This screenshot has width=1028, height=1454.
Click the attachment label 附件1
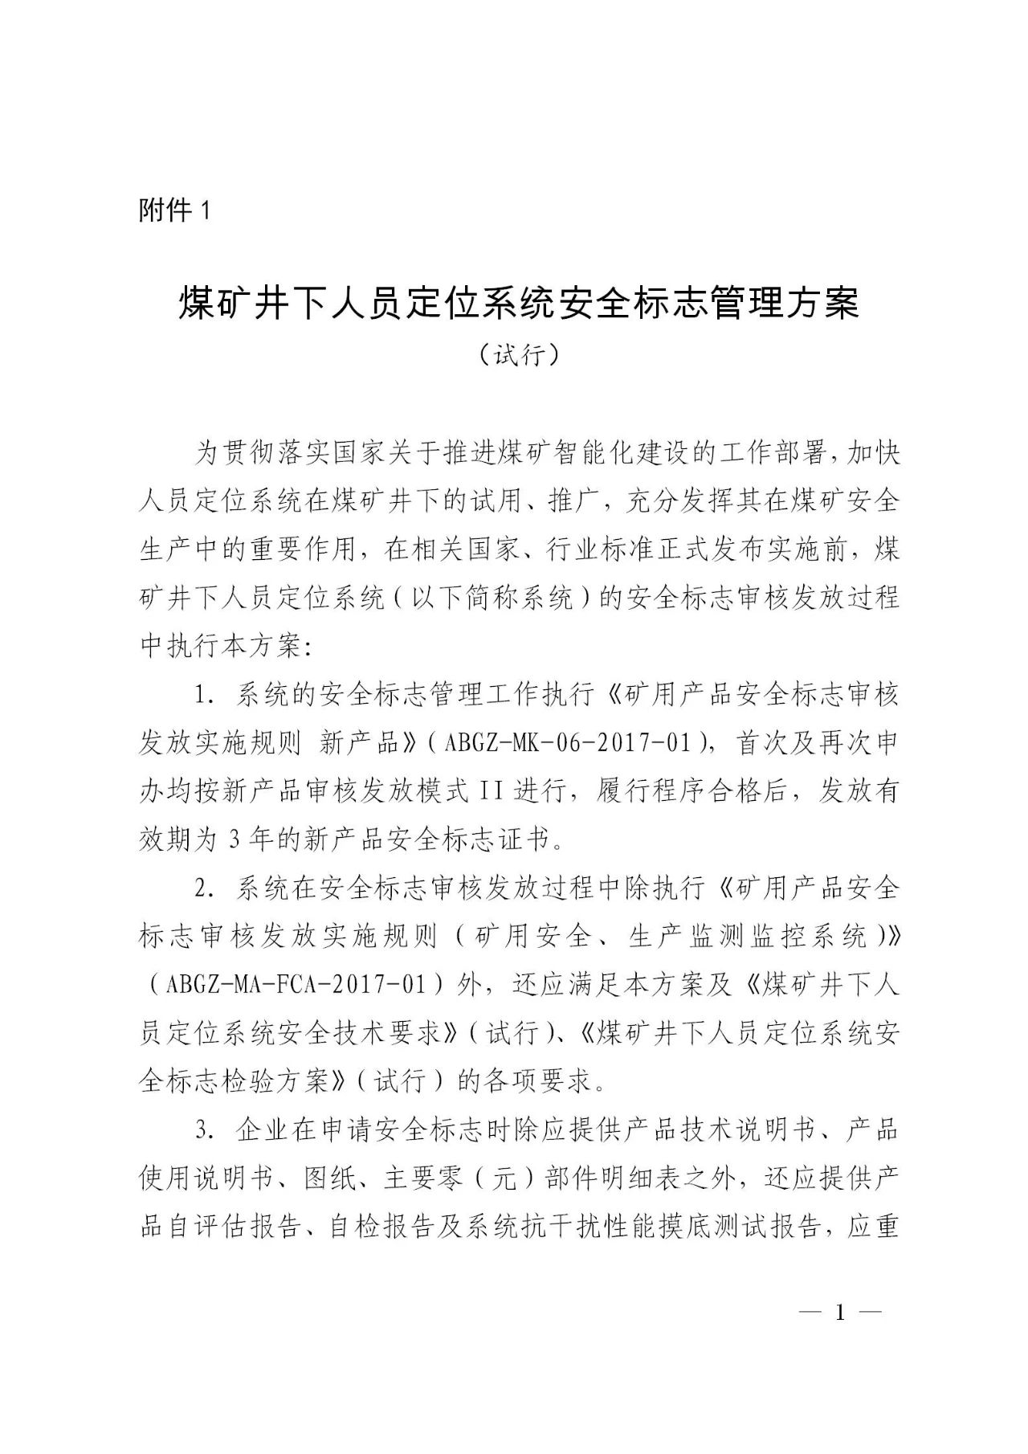[x=174, y=211]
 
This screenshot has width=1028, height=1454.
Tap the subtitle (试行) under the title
[x=518, y=354]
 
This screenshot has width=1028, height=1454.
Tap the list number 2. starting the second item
[x=203, y=888]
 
